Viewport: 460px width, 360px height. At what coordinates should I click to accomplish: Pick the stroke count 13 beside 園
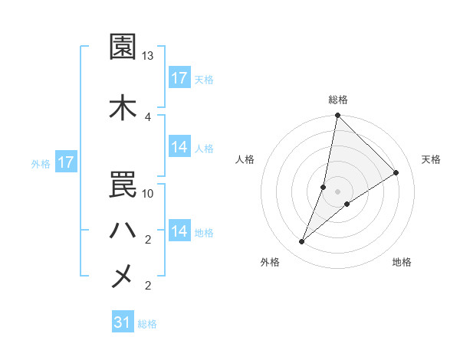(148, 57)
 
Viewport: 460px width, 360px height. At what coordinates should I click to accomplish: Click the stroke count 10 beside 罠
(148, 194)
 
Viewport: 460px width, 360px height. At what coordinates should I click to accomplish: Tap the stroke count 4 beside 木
(148, 116)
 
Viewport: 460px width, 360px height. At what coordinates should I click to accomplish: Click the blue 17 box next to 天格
(179, 78)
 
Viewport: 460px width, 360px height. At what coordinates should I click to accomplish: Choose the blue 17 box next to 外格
(66, 162)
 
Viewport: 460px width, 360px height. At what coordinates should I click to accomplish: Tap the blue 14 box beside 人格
(179, 147)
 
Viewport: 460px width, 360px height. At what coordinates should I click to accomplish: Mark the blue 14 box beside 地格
(179, 231)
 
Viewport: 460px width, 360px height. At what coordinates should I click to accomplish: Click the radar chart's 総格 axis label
(338, 100)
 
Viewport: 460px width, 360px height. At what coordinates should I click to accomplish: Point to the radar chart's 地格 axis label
(402, 262)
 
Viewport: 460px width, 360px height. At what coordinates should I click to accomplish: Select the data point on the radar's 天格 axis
(396, 173)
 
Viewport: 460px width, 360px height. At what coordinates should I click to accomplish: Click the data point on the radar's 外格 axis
(302, 242)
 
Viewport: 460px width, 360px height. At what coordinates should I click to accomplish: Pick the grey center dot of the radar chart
(338, 191)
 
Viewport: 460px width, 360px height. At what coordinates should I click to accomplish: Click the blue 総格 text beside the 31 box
(147, 324)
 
